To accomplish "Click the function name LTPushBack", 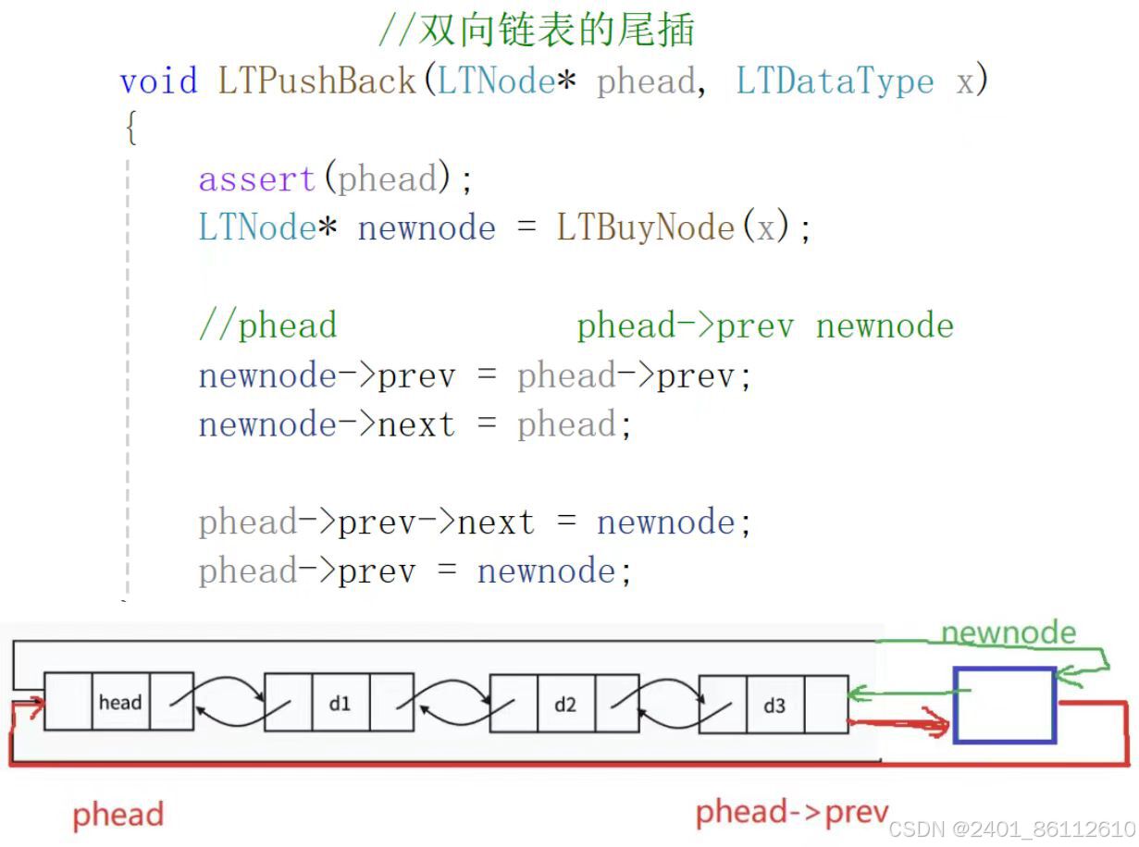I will [317, 81].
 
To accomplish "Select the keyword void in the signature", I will [158, 81].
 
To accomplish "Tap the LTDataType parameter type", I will [835, 81].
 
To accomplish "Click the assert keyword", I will [257, 178].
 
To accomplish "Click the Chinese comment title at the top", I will [537, 31].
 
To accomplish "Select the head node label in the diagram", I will [120, 703].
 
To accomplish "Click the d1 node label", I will [340, 704].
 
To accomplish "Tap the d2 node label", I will [564, 704].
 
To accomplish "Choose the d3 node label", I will [774, 706].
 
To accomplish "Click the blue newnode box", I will [1005, 706].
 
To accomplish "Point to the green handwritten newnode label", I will [1009, 633].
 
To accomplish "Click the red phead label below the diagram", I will [118, 815].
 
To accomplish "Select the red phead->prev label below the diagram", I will [792, 812].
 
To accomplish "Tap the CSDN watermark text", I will [1012, 829].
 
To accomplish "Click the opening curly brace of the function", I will [130, 129].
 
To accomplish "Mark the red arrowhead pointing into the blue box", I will [941, 726].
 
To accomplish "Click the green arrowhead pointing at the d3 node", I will [857, 693].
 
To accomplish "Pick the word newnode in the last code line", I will [546, 571].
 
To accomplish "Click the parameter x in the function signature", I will [965, 81].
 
